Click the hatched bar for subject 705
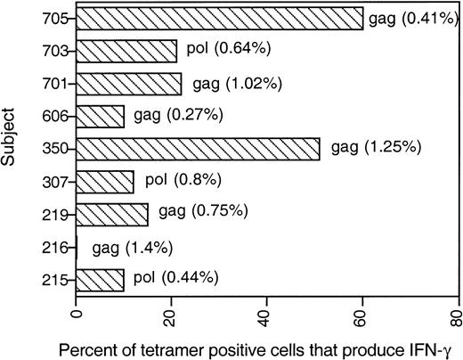(220, 18)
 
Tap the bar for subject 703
(126, 51)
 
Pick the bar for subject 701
(129, 84)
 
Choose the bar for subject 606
(101, 116)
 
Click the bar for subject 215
(101, 279)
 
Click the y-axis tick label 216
(52, 247)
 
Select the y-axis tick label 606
(52, 116)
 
